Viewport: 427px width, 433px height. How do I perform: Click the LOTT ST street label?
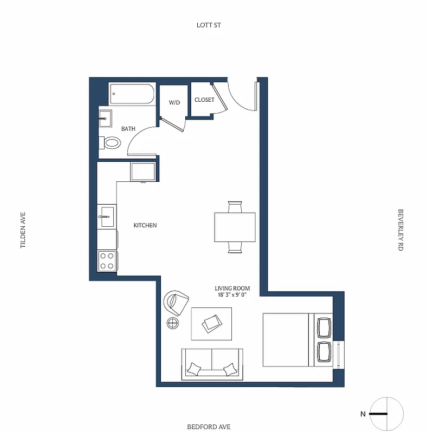(x=209, y=25)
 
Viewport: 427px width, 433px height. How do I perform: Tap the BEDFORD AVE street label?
(x=209, y=427)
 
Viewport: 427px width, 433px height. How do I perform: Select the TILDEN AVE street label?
(x=23, y=229)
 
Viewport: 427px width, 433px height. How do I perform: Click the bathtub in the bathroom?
(x=132, y=94)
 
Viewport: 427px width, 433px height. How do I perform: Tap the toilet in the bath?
(x=111, y=143)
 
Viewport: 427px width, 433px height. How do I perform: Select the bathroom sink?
(x=105, y=117)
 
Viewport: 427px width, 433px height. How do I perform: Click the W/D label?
(x=174, y=102)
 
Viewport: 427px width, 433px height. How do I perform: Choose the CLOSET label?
(x=204, y=100)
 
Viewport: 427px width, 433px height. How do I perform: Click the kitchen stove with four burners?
(x=107, y=261)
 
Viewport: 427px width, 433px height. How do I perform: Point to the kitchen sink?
(x=106, y=216)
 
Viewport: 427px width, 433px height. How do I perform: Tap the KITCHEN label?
(x=145, y=225)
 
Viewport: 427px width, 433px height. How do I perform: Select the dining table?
(x=235, y=227)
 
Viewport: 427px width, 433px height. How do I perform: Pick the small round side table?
(x=173, y=324)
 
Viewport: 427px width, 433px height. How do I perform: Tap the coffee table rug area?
(x=211, y=324)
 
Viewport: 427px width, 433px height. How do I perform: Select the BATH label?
(x=128, y=129)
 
